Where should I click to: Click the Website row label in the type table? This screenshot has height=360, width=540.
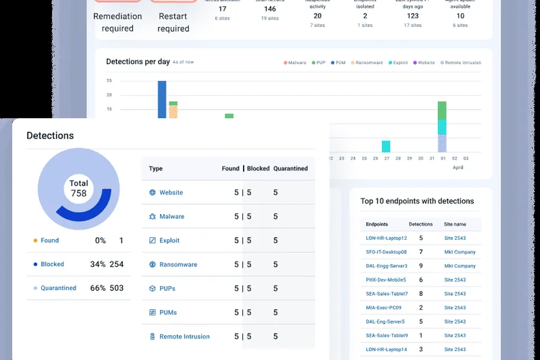(x=171, y=192)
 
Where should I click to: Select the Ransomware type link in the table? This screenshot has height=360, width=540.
(x=178, y=265)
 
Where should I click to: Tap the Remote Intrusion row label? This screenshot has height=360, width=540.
(x=184, y=336)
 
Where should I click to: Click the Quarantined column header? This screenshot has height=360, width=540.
(x=290, y=169)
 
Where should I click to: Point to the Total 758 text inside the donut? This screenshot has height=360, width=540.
(x=79, y=188)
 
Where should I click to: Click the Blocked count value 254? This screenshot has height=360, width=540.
(x=116, y=264)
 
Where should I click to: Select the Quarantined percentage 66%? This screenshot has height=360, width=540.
(x=98, y=288)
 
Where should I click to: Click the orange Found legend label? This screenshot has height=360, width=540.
(x=49, y=240)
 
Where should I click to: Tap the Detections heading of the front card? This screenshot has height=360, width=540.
(x=50, y=136)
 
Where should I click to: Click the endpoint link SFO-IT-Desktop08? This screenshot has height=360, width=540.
(x=386, y=252)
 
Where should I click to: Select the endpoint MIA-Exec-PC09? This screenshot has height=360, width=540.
(x=384, y=308)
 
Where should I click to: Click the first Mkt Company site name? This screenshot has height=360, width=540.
(x=459, y=252)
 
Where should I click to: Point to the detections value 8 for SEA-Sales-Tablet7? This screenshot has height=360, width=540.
(x=421, y=294)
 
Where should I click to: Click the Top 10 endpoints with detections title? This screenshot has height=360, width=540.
(x=416, y=201)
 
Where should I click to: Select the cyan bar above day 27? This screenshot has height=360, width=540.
(x=386, y=147)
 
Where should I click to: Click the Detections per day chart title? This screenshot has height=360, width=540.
(x=138, y=62)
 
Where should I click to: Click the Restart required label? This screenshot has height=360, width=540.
(x=173, y=22)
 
